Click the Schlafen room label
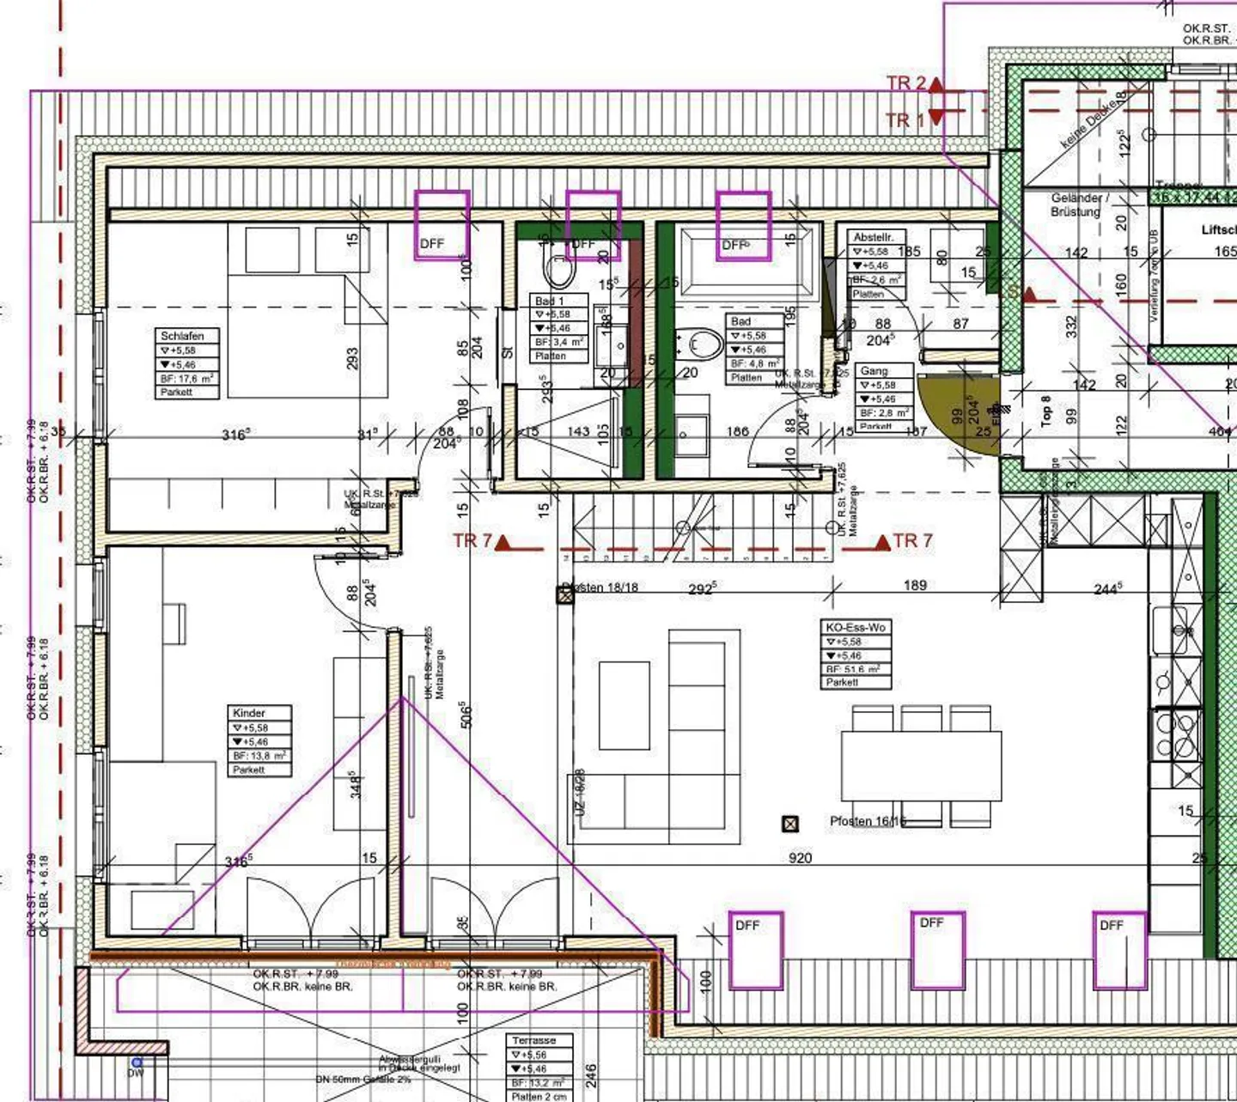click(x=182, y=336)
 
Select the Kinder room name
click(x=249, y=713)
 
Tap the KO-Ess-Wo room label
click(x=854, y=628)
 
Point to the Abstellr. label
click(x=874, y=237)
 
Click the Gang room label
click(x=874, y=371)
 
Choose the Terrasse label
click(x=533, y=1040)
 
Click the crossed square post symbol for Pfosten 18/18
click(x=565, y=594)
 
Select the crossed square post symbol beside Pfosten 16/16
click(x=790, y=824)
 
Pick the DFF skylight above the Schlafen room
click(x=442, y=225)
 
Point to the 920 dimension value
click(x=800, y=857)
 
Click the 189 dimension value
click(x=915, y=585)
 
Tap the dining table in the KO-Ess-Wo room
click(x=921, y=765)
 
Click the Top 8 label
click(x=1045, y=411)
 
